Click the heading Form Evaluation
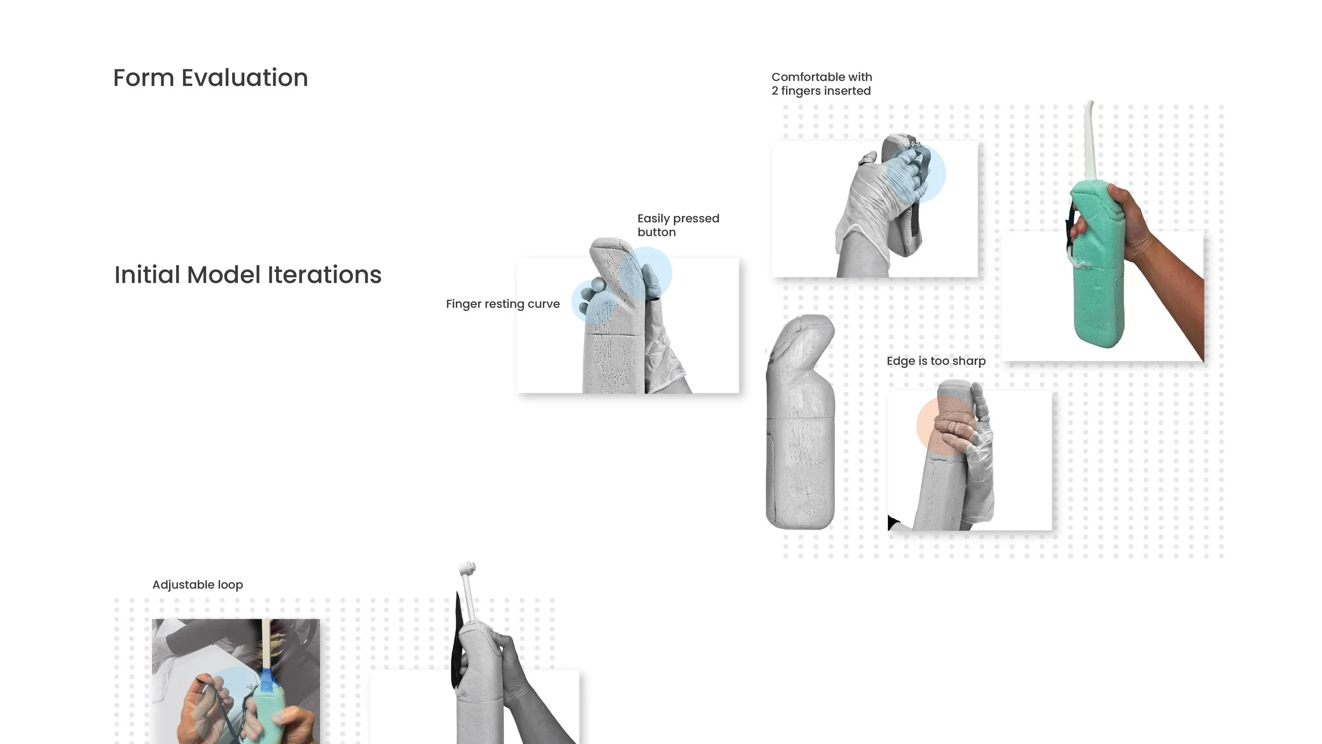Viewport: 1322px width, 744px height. tap(210, 78)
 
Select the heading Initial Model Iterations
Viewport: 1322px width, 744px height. tap(247, 275)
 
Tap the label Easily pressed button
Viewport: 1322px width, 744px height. tap(678, 225)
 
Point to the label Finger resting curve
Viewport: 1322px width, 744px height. tap(502, 304)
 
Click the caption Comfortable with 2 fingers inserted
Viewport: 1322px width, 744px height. tap(821, 84)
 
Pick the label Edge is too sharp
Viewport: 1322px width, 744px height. tap(936, 361)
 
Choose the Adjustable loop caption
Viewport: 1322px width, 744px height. tap(197, 585)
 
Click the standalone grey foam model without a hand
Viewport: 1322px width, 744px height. tap(800, 423)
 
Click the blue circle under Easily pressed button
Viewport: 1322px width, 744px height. tap(646, 273)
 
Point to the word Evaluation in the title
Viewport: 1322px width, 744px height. tap(244, 78)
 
